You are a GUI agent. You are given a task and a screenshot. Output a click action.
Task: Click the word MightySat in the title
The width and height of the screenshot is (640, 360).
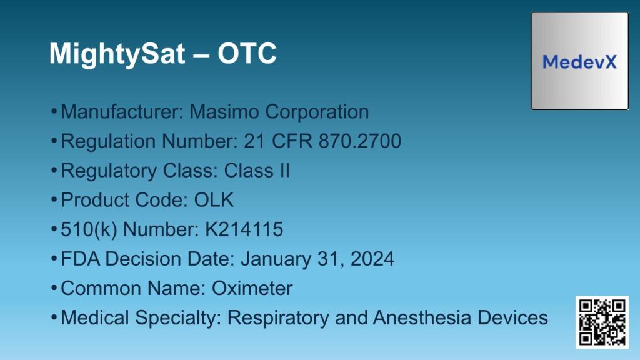(x=117, y=54)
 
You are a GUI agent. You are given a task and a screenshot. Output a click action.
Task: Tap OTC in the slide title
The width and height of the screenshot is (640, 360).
(x=247, y=54)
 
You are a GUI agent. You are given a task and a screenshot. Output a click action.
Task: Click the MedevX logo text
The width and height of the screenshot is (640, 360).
(x=579, y=62)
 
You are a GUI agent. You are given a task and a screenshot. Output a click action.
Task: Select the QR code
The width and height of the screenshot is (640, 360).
(x=602, y=322)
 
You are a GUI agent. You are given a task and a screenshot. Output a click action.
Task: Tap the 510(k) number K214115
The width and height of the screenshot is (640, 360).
(x=244, y=229)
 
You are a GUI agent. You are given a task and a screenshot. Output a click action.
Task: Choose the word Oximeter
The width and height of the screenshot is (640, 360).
(x=252, y=288)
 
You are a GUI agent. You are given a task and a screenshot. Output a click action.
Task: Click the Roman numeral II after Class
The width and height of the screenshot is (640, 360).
(x=283, y=171)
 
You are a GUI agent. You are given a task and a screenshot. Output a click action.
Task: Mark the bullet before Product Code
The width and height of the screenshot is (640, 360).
(x=54, y=200)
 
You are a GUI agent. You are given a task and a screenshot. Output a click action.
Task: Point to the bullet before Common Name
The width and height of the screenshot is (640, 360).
(x=54, y=288)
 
